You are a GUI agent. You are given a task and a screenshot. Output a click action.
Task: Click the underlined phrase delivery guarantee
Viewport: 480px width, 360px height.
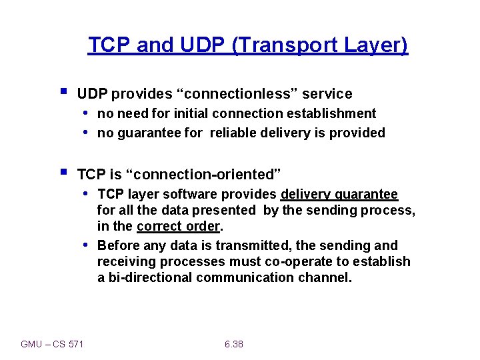tap(339, 194)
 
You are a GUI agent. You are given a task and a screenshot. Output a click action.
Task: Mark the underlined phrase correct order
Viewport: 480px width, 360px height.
tap(176, 226)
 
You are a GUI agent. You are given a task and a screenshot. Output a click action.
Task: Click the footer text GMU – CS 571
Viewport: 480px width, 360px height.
tap(52, 344)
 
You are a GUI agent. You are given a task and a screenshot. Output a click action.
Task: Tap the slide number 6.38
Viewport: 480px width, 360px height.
tap(234, 344)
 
